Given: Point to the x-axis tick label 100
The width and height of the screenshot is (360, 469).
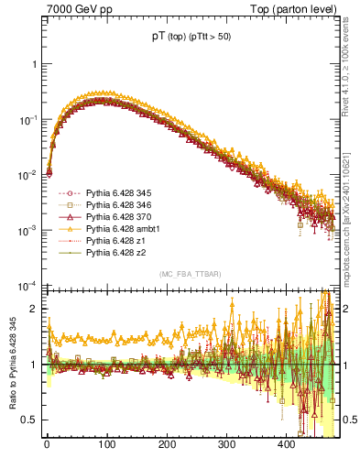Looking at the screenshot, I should coord(106,444).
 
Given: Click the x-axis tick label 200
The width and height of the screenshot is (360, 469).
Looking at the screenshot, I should coord(166,444).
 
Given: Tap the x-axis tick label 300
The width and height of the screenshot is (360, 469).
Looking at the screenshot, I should coord(226,444).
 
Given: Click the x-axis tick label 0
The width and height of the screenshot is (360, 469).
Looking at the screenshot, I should coord(47,444).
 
